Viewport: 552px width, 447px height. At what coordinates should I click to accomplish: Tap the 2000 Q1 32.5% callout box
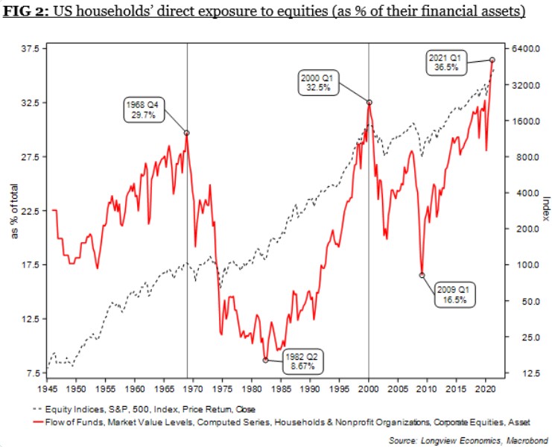pyautogui.click(x=318, y=82)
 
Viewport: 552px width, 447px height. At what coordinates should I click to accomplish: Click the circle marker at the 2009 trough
pyautogui.click(x=422, y=275)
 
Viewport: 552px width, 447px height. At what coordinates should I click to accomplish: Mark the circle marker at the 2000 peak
pyautogui.click(x=369, y=102)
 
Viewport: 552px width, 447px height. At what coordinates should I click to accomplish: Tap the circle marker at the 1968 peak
pyautogui.click(x=186, y=133)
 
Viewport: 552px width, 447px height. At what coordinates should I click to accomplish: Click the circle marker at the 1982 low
pyautogui.click(x=265, y=360)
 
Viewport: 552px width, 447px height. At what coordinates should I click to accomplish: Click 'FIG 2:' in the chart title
pyautogui.click(x=28, y=13)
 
